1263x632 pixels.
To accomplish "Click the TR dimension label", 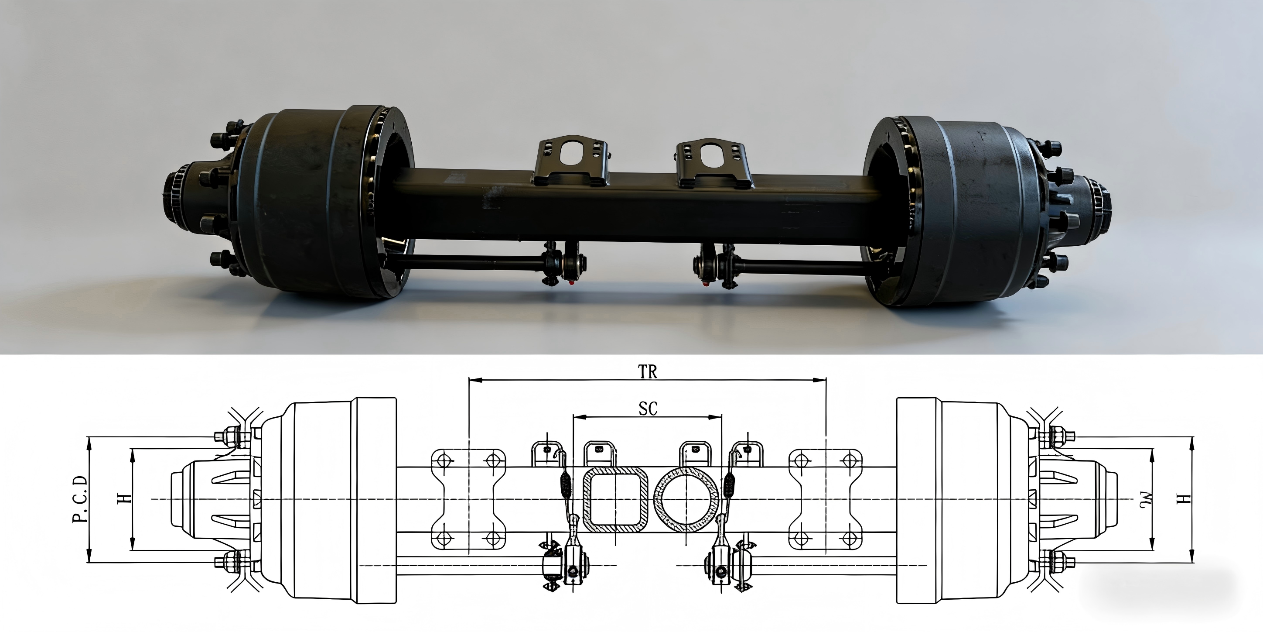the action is (647, 371).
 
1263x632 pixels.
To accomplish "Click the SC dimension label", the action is (648, 408).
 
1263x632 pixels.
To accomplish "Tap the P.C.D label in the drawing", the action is (80, 499).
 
